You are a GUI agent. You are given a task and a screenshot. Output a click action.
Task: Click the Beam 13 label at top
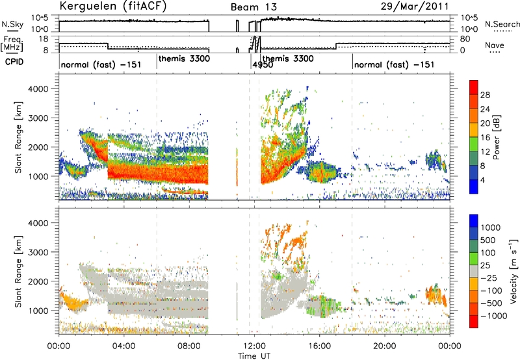253,7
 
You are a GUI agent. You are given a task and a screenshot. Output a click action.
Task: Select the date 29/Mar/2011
415,6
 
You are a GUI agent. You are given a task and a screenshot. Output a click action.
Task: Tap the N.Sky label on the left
12,24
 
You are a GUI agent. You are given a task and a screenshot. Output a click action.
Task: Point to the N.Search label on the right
502,24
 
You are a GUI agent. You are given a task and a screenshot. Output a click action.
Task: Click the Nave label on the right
495,45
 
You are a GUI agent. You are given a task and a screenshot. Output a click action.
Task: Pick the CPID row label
14,62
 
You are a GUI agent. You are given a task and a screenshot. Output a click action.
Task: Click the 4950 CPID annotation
263,64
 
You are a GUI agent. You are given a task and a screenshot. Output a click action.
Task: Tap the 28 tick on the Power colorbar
485,95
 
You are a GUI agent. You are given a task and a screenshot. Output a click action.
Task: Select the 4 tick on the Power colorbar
482,181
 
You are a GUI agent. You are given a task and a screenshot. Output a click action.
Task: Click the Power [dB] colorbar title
496,137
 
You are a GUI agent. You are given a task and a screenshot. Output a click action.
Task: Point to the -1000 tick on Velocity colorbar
494,316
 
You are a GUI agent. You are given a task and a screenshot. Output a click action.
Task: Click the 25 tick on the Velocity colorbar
485,266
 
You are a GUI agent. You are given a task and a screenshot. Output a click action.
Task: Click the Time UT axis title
254,356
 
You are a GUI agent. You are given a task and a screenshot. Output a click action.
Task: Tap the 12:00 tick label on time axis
254,346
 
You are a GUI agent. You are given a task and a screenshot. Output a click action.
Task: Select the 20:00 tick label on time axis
385,346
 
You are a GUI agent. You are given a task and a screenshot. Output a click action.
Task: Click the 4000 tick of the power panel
39,89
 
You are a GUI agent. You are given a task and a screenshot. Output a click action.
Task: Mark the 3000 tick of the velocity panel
39,252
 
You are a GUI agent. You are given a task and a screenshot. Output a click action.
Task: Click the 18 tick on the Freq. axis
44,39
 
